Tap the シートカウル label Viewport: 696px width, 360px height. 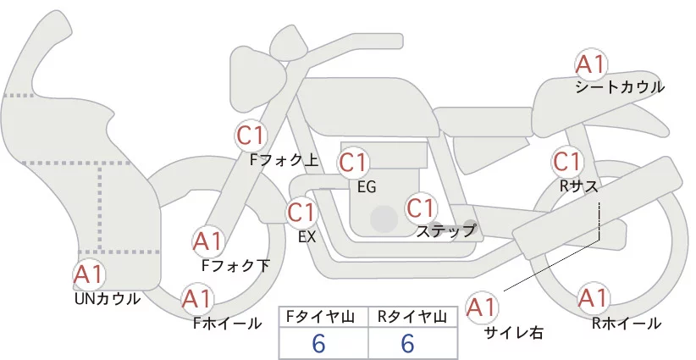click(619, 87)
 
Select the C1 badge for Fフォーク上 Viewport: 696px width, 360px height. click(251, 135)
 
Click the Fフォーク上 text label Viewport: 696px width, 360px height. click(284, 158)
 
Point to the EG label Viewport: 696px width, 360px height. click(367, 186)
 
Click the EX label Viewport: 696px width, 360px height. click(307, 236)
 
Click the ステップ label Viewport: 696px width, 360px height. click(445, 230)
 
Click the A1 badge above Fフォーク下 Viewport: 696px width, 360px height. click(207, 242)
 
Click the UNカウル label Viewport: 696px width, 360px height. click(108, 298)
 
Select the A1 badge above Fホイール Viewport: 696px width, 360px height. click(197, 299)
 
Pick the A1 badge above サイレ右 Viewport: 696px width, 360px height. click(483, 307)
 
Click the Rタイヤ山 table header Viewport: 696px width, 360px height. click(414, 317)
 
